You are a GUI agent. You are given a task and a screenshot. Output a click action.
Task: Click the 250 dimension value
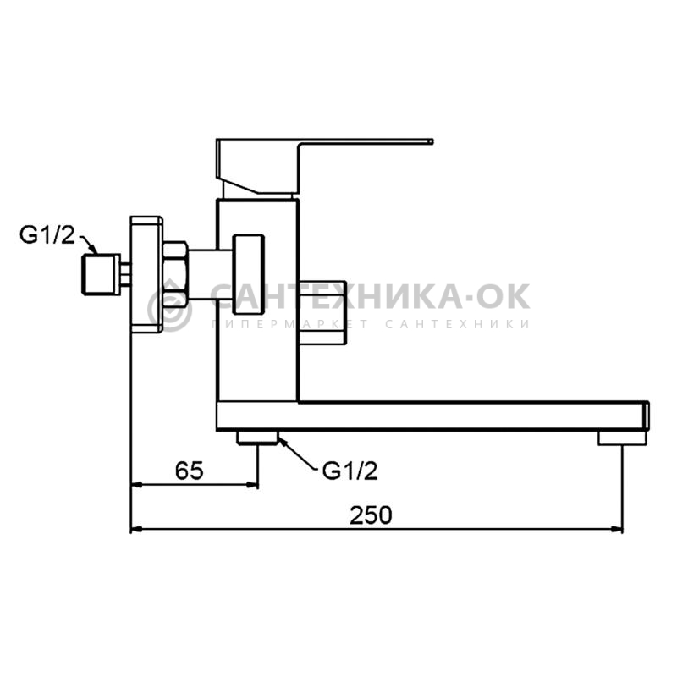(x=371, y=515)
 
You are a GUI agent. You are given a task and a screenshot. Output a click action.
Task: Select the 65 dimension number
(x=189, y=471)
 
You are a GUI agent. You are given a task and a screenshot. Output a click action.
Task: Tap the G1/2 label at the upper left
(x=47, y=235)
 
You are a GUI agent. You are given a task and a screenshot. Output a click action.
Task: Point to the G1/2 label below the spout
(x=350, y=471)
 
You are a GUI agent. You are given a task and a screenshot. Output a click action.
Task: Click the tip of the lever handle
(x=432, y=141)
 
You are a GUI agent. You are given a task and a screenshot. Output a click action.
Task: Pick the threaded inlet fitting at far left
(x=101, y=274)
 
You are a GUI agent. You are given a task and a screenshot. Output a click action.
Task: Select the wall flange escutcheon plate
(x=146, y=274)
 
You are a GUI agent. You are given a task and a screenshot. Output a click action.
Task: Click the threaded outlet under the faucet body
(x=257, y=438)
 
